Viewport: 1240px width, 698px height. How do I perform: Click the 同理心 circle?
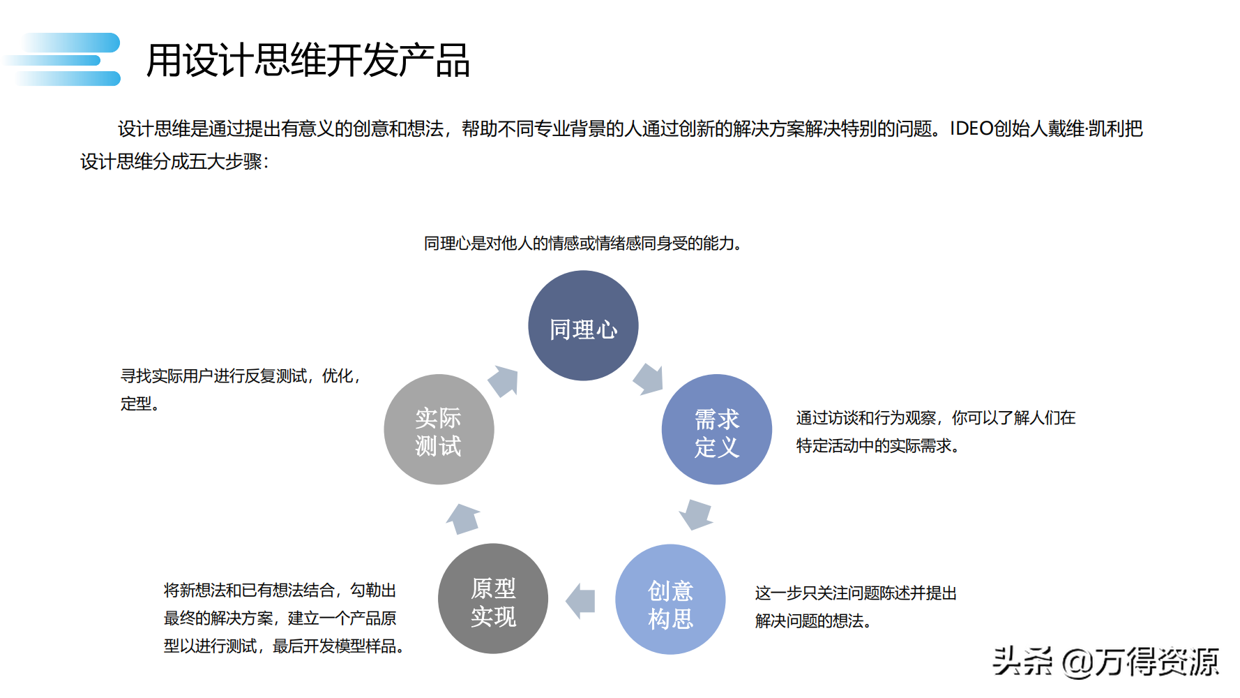[583, 326]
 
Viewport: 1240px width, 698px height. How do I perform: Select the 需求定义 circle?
[716, 430]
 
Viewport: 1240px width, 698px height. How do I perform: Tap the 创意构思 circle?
[670, 600]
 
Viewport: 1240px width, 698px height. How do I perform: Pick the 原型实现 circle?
[493, 599]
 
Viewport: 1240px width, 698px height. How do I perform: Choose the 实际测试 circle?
[439, 430]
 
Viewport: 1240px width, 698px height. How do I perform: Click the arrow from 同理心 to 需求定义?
[648, 379]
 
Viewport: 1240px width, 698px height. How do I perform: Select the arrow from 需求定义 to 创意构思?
[696, 514]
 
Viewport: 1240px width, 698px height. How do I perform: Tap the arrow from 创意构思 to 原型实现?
[581, 601]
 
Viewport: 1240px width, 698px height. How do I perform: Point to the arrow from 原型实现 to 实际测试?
[463, 518]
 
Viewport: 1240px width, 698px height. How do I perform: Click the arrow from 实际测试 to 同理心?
[504, 381]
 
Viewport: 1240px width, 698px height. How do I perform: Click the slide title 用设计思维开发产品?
[308, 60]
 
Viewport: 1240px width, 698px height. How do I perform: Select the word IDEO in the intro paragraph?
[971, 129]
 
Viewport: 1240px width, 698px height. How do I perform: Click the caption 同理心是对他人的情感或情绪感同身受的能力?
[582, 244]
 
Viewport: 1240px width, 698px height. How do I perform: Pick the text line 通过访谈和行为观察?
[936, 418]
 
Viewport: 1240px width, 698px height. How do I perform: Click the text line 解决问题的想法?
[813, 621]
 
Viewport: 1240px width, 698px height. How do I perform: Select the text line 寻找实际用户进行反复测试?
[241, 376]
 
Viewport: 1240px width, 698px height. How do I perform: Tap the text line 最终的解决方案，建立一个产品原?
[280, 618]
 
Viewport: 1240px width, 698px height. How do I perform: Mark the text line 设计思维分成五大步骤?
[174, 162]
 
